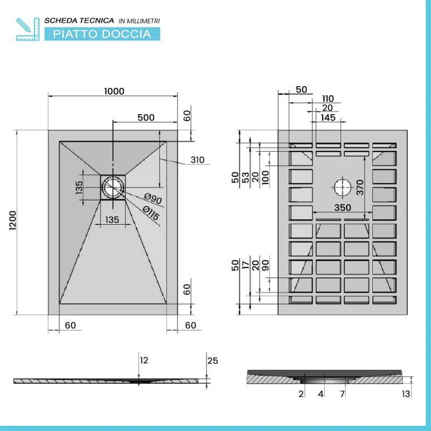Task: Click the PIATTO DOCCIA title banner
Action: click(x=102, y=34)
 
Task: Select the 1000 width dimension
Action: click(x=114, y=91)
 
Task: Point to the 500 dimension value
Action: click(x=146, y=117)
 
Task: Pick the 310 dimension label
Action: click(x=198, y=160)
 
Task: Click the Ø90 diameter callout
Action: click(x=154, y=199)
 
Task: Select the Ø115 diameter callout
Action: click(x=151, y=214)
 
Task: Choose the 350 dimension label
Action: click(x=342, y=207)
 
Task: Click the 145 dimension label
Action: click(x=328, y=117)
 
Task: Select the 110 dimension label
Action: click(x=328, y=99)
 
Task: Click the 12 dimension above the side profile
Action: click(x=143, y=360)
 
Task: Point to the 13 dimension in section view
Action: click(x=407, y=394)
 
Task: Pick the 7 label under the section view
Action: click(x=342, y=394)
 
